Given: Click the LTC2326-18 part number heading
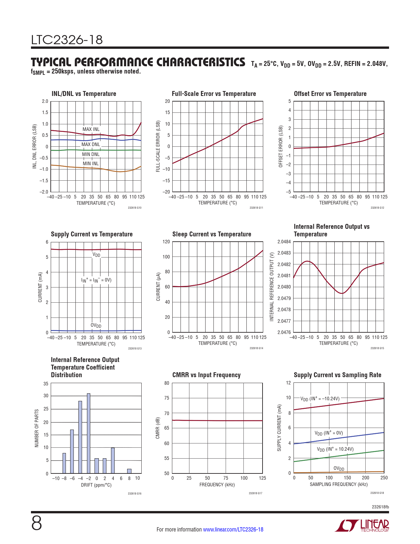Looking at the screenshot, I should tap(67, 40).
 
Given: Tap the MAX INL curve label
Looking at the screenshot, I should tap(91, 129).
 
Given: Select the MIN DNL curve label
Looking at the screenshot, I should tap(91, 154).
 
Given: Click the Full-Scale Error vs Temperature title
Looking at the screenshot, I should tap(214, 94).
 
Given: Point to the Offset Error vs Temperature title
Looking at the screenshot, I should tap(330, 94).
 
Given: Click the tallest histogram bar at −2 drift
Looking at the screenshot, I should tap(89, 433).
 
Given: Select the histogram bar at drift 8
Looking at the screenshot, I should tap(129, 471).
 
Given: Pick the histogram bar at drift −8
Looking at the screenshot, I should tap(64, 463).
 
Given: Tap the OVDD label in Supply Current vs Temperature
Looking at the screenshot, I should tap(96, 325).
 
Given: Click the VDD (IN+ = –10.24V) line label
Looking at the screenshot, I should tap(320, 399).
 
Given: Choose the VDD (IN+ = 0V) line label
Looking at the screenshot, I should tap(329, 433).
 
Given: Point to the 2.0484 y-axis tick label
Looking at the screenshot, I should tap(284, 242).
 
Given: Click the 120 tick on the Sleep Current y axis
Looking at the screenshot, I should tap(166, 242).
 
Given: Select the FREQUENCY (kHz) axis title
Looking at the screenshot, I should tap(217, 485).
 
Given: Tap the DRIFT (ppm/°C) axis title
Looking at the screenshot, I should tap(96, 485).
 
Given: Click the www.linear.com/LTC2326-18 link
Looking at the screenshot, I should tap(233, 529).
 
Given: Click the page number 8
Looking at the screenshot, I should tap(37, 524).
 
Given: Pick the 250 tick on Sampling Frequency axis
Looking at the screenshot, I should tap(384, 478).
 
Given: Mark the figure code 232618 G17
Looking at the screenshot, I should tap(256, 493).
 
